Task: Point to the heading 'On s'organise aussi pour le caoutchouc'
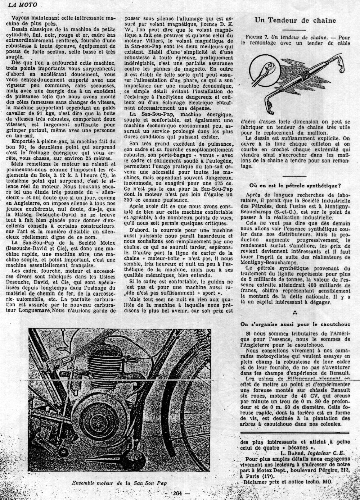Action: tap(295, 324)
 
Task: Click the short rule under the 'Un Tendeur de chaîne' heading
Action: tap(295, 29)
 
